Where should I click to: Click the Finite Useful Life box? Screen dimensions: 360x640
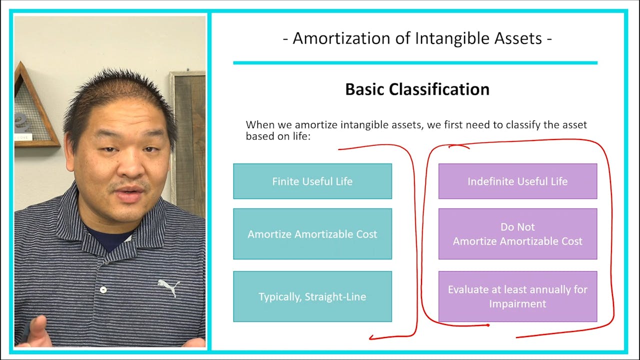[x=312, y=181]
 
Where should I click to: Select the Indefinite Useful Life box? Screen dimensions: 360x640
[x=517, y=181]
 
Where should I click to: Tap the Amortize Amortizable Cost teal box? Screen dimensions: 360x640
[x=312, y=234]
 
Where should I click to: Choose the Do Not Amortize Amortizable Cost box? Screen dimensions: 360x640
[x=517, y=234]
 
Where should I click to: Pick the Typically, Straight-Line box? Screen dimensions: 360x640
[x=312, y=296]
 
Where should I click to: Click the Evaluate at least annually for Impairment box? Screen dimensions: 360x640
[x=517, y=296]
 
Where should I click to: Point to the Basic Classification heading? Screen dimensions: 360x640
[x=417, y=89]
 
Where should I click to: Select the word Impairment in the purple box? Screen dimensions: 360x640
[x=517, y=304]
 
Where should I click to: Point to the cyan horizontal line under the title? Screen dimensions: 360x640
[x=415, y=63]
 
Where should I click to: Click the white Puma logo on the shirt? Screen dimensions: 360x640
[x=168, y=287]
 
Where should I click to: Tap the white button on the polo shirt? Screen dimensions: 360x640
[x=103, y=289]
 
